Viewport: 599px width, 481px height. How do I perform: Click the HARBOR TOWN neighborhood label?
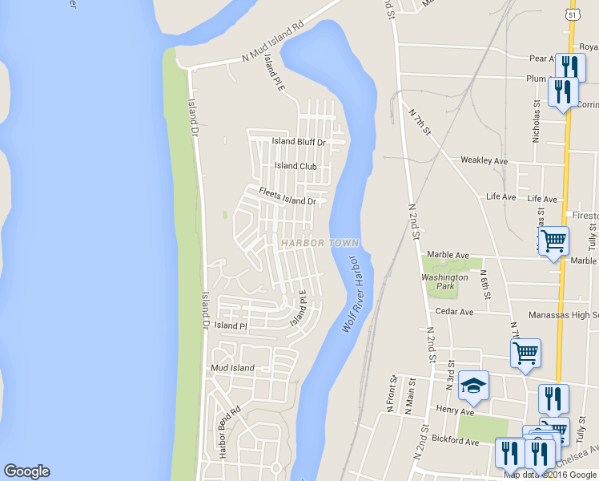(320, 243)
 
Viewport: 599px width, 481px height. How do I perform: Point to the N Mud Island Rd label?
(275, 49)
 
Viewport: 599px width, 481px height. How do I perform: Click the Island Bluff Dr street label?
(298, 142)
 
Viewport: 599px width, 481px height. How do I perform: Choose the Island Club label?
(295, 166)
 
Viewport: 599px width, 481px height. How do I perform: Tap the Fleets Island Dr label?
(287, 196)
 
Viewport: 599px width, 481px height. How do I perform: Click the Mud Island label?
(231, 368)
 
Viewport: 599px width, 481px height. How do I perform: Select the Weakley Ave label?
(484, 160)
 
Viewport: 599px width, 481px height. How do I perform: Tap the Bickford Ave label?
(453, 441)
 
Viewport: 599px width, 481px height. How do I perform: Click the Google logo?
(26, 471)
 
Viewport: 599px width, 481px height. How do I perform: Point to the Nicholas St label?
(536, 121)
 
